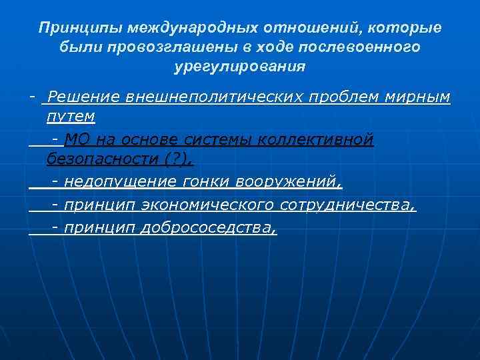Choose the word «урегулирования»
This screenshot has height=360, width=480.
pos(239,67)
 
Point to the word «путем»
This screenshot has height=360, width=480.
pos(71,117)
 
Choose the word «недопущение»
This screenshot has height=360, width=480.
pos(120,182)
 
